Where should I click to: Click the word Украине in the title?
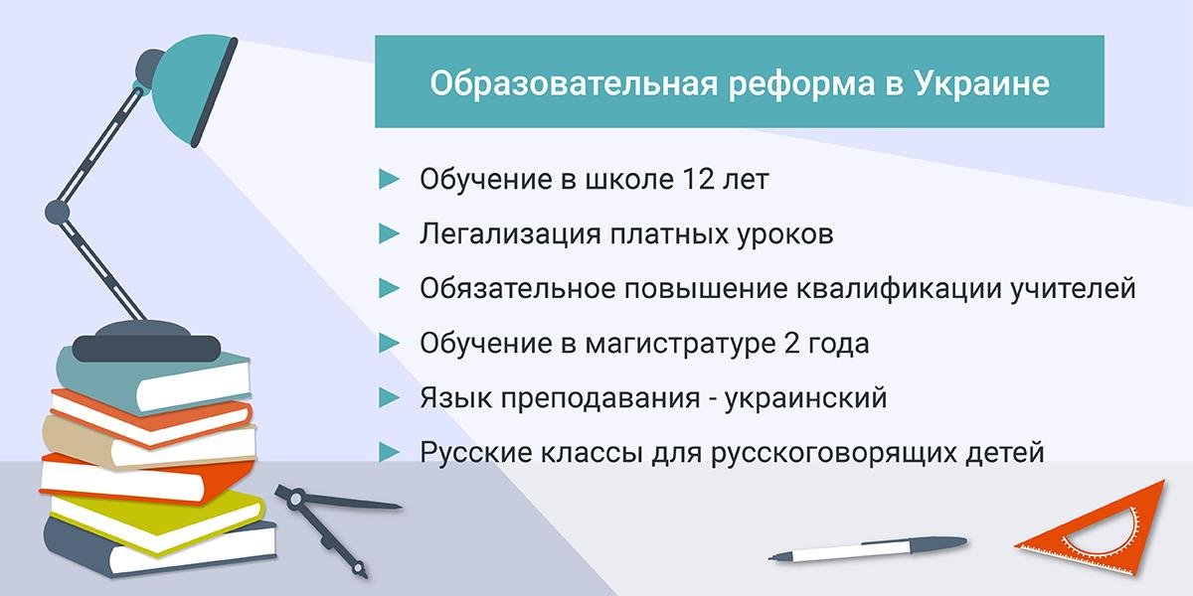pyautogui.click(x=982, y=84)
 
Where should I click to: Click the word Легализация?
pyautogui.click(x=510, y=234)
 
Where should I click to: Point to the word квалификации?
pyautogui.click(x=899, y=289)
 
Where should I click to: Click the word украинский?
pyautogui.click(x=806, y=398)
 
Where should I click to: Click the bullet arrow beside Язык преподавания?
pyautogui.click(x=389, y=397)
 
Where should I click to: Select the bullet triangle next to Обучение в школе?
pyautogui.click(x=389, y=180)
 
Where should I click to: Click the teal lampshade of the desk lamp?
pyautogui.click(x=193, y=87)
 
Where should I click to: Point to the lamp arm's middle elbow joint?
pyautogui.click(x=57, y=212)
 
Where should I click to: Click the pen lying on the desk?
pyautogui.click(x=868, y=549)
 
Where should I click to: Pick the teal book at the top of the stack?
pyautogui.click(x=153, y=378)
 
